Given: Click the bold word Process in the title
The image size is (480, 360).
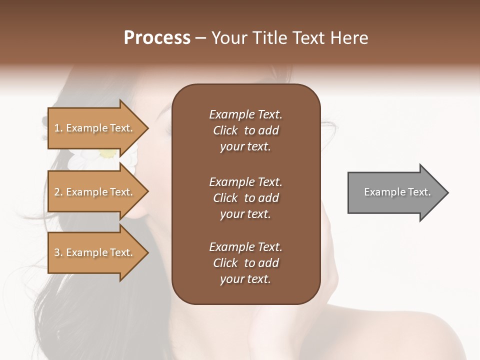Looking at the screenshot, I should point(157,38).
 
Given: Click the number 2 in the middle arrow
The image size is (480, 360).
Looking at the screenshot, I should point(57,192).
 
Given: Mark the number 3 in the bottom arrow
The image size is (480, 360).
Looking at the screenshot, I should point(57,252).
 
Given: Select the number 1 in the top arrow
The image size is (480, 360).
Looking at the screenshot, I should point(56,128).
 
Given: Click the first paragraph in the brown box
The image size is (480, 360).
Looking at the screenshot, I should point(245,130).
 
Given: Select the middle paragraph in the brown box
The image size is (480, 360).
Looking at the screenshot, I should point(245,198).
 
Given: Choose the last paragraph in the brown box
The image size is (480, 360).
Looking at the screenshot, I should point(245,263).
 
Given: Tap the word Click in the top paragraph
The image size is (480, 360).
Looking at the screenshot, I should point(225,130).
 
